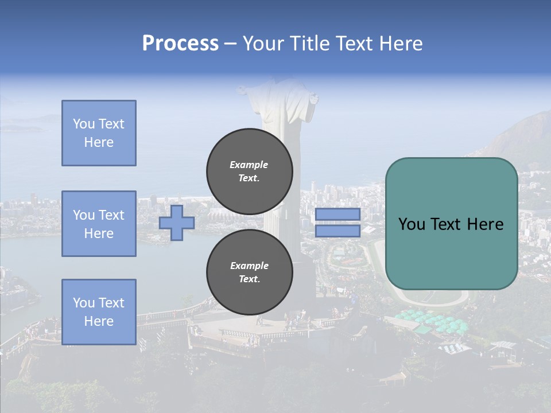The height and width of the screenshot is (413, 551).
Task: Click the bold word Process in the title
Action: tap(180, 43)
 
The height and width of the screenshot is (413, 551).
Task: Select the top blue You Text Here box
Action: tap(99, 133)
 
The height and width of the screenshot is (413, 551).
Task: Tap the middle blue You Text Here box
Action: tap(99, 224)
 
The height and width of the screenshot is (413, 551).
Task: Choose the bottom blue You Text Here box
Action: tap(99, 312)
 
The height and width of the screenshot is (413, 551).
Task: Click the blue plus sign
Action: tap(177, 223)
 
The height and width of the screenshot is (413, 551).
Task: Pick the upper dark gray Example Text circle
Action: tap(250, 171)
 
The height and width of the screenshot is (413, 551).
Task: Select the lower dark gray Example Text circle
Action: tap(250, 272)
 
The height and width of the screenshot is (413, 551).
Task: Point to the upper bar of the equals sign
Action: tap(337, 215)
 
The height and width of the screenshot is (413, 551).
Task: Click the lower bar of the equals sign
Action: tap(337, 231)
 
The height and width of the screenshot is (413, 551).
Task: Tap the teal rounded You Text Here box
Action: tap(451, 224)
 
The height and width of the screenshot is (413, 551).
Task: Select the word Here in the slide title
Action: tap(400, 43)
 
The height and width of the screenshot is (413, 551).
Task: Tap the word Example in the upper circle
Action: tap(249, 165)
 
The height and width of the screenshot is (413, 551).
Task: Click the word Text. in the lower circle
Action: tap(249, 279)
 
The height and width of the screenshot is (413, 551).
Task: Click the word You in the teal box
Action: tap(412, 224)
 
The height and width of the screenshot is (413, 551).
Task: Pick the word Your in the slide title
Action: tap(264, 43)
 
